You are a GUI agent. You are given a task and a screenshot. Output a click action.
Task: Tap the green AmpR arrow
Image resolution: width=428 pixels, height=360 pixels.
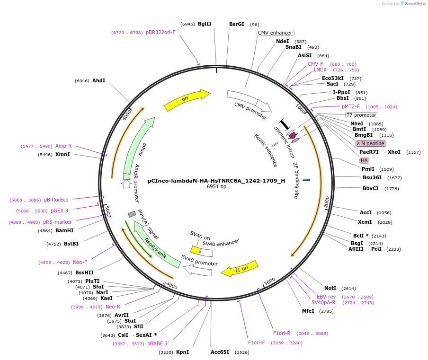[137, 147]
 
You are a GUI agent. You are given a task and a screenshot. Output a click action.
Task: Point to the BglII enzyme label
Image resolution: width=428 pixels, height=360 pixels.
[205, 24]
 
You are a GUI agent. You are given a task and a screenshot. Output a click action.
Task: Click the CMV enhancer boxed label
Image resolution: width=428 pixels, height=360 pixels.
[275, 33]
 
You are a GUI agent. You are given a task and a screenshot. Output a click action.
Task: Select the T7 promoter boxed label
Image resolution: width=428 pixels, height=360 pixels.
[361, 115]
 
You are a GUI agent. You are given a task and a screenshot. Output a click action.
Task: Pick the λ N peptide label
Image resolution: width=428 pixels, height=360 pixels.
[371, 143]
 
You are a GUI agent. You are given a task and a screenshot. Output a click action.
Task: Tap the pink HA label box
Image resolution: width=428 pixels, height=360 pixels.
[364, 160]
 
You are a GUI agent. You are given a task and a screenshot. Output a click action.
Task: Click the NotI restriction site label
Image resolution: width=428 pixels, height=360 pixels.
[330, 288]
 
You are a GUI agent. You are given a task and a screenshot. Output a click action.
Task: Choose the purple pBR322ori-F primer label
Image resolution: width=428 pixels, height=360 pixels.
[160, 32]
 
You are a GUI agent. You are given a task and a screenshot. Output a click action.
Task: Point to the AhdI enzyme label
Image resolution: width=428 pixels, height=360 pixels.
[98, 80]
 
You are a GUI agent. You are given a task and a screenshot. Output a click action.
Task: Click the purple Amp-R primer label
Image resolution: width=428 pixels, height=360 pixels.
[63, 146]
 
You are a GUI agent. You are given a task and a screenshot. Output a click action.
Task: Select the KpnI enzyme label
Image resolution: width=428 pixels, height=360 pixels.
[182, 352]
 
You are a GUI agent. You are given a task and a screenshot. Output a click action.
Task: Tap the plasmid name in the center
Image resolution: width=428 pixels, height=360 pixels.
[216, 180]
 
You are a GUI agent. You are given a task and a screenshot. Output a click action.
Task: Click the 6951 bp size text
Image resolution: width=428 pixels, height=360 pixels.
[216, 187]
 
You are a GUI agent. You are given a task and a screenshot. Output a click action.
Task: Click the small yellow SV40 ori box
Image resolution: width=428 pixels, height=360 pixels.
[195, 249]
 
